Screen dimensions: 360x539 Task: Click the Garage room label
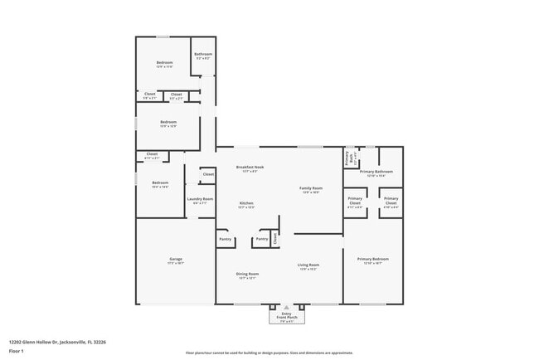(x=175, y=260)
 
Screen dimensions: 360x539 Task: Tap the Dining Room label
(x=248, y=274)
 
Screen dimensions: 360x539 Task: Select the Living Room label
(x=308, y=265)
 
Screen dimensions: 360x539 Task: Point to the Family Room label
(x=311, y=188)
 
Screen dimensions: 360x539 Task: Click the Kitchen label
(x=246, y=203)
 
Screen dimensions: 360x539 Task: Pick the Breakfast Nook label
(x=250, y=167)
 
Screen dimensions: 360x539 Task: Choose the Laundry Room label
(x=200, y=199)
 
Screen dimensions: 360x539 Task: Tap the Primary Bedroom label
(x=372, y=260)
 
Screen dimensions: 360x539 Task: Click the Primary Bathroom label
(x=376, y=172)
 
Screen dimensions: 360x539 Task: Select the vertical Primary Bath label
(x=347, y=157)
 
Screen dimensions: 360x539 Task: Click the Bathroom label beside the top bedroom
(x=203, y=54)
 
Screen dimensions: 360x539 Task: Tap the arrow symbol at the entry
(x=286, y=306)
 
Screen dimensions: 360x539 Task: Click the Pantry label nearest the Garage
(x=225, y=239)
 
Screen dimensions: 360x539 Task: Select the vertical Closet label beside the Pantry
(x=275, y=238)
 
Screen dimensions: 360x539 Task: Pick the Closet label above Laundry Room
(x=208, y=174)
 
